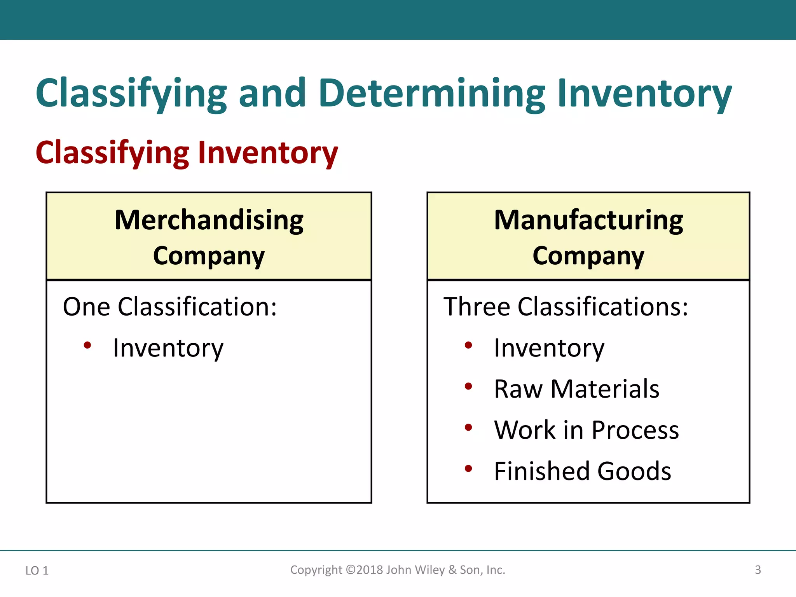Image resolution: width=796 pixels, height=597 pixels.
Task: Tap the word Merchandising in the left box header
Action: [x=209, y=220]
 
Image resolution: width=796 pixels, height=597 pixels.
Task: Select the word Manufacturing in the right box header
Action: [x=588, y=220]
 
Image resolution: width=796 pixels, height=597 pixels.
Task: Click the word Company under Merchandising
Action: [x=209, y=256]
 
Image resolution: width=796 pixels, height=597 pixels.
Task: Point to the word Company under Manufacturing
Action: [x=588, y=256]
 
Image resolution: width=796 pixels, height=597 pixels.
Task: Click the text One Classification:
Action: [x=170, y=307]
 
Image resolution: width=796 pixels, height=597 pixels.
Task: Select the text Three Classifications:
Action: [x=566, y=307]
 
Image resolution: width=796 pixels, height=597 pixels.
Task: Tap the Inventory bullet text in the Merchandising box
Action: [x=168, y=348]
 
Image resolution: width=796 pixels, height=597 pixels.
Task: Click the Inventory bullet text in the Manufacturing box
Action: [x=549, y=348]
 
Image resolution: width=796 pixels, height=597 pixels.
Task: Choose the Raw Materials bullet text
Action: [x=576, y=389]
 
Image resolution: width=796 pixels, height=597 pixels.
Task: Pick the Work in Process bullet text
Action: [x=586, y=430]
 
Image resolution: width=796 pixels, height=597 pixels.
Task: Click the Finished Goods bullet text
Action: [x=582, y=471]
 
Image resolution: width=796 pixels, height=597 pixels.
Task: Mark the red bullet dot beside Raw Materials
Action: [x=468, y=386]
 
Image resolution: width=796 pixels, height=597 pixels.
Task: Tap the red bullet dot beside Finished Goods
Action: [x=468, y=468]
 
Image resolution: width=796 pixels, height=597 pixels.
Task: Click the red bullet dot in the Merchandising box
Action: [x=87, y=345]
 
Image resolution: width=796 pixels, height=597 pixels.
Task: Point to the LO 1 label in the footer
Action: [x=37, y=571]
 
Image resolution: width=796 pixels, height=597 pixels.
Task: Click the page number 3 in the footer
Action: [x=758, y=570]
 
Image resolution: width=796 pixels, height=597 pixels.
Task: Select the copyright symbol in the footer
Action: [x=351, y=570]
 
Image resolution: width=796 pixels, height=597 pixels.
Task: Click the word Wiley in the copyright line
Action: [x=430, y=570]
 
